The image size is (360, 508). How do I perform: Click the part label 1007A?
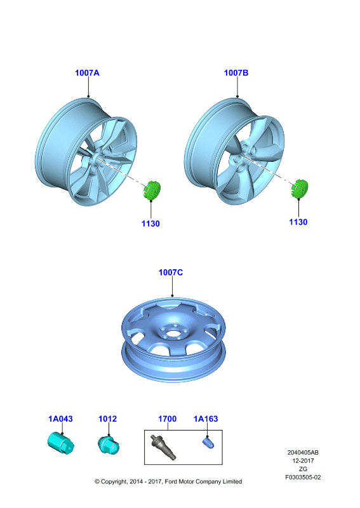(87, 73)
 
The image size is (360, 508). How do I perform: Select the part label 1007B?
(236, 73)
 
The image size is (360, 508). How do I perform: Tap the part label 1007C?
(171, 272)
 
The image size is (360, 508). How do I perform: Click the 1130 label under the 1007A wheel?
(150, 224)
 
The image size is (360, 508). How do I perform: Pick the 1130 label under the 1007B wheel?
(298, 222)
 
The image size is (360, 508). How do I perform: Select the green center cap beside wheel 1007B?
(300, 188)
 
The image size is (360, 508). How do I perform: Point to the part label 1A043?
(60, 419)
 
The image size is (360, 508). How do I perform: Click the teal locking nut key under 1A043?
(61, 443)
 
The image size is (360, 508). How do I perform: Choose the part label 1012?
(107, 419)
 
